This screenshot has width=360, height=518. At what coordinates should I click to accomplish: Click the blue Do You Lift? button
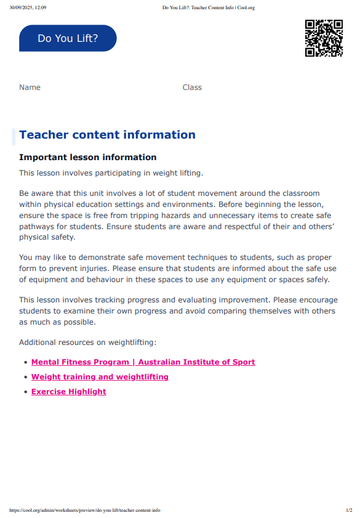pos(68,38)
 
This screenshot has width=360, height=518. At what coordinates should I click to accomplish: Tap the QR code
pos(324,38)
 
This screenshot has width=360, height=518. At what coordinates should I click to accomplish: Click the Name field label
pos(30,87)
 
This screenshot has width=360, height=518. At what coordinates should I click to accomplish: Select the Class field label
pos(192,87)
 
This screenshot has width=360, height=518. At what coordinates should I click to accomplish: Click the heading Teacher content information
pos(107,135)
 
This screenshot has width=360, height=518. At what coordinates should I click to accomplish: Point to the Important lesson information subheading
pos(88,158)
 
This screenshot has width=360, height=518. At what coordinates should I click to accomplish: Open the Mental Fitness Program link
pos(143,362)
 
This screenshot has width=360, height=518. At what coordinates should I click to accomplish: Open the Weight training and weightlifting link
pos(100,377)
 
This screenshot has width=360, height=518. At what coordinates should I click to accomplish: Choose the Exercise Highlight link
pos(68,392)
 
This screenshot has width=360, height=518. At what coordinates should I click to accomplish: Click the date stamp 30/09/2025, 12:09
pos(28,7)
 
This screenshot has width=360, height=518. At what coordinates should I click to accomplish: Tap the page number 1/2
pos(349,510)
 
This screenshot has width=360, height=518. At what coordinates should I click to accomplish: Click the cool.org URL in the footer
pos(85,510)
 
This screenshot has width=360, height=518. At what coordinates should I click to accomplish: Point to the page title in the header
pos(208,7)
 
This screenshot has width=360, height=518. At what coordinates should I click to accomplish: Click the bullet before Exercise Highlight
pos(25,392)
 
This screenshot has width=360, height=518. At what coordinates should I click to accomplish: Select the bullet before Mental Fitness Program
pos(25,362)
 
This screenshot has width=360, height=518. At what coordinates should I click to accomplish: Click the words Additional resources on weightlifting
pos(87,342)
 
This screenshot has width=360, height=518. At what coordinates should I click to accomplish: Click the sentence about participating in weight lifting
pos(111,173)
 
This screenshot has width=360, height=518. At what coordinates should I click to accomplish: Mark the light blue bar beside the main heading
pos(14,136)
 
